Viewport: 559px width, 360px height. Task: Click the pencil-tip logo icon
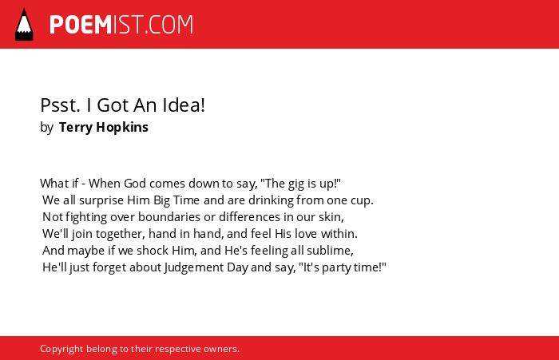[x=24, y=25]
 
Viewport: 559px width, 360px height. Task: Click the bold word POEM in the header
[x=81, y=25]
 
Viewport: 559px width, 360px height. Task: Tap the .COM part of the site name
[x=169, y=25]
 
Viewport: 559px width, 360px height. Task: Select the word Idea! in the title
[x=184, y=105]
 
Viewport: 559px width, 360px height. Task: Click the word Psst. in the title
[x=60, y=105]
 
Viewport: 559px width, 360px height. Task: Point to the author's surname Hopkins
[x=122, y=128]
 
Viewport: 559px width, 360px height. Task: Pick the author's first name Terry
[x=76, y=128]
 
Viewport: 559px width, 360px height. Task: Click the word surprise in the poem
[x=101, y=200]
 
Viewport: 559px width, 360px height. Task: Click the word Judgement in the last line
[x=194, y=267]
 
